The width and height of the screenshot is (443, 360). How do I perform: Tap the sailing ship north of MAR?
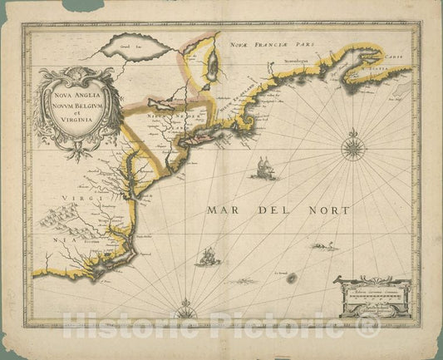pyautogui.click(x=262, y=167)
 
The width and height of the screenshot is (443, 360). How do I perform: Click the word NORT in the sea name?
pyautogui.click(x=327, y=210)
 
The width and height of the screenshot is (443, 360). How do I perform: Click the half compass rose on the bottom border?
pyautogui.click(x=185, y=313)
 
